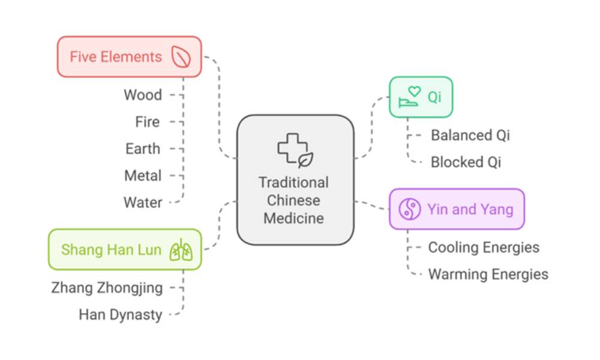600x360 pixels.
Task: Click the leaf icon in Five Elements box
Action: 181,57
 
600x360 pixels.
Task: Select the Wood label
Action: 143,95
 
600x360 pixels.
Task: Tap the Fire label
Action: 148,122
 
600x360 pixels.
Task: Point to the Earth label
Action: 143,149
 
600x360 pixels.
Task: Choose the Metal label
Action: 143,176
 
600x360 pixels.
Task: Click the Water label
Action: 143,203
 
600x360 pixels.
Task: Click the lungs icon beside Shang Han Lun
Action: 181,250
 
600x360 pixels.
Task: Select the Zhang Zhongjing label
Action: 107,288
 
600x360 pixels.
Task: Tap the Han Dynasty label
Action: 121,314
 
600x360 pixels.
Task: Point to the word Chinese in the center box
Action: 293,200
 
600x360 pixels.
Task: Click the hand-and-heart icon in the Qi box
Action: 410,97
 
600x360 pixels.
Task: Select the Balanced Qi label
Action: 470,135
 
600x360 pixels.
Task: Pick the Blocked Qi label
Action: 466,162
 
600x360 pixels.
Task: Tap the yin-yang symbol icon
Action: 410,209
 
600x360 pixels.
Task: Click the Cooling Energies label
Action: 484,247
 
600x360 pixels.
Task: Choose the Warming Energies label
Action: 488,274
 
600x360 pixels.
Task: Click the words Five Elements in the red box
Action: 116,57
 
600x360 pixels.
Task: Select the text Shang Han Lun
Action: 111,250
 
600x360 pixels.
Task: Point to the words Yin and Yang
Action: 470,209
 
